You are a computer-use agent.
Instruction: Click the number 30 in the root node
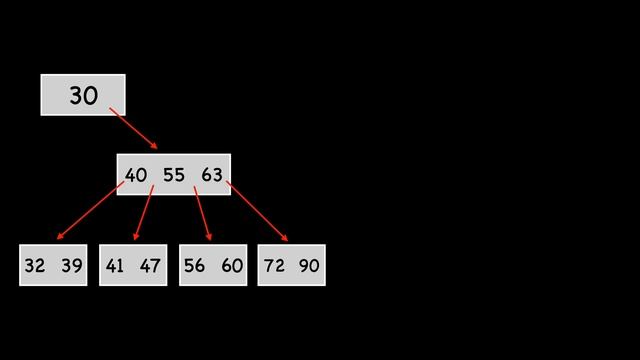point(83,96)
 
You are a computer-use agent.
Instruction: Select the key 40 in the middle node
point(135,175)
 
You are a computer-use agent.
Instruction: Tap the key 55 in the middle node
point(173,175)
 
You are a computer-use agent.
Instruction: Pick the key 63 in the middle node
point(211,175)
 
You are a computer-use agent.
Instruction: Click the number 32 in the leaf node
point(35,266)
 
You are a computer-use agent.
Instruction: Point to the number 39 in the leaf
point(71,266)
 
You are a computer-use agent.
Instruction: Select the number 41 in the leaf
point(114,266)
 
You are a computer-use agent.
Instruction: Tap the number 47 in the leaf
point(150,266)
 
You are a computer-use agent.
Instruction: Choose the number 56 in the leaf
point(194,266)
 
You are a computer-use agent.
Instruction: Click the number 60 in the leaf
point(231,266)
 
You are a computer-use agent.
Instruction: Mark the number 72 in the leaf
point(274,266)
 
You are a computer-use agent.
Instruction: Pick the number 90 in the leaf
point(309,266)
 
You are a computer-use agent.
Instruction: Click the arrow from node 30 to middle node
point(133,128)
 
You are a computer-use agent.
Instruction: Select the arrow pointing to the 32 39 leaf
point(90,211)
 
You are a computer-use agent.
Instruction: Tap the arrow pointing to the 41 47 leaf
point(144,213)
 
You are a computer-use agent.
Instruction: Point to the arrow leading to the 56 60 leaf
point(202,213)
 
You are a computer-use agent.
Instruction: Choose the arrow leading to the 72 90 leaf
point(257,211)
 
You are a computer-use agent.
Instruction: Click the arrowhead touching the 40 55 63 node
point(153,146)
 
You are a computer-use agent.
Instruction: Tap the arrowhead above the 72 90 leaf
point(285,238)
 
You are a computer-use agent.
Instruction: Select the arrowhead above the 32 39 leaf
point(60,237)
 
